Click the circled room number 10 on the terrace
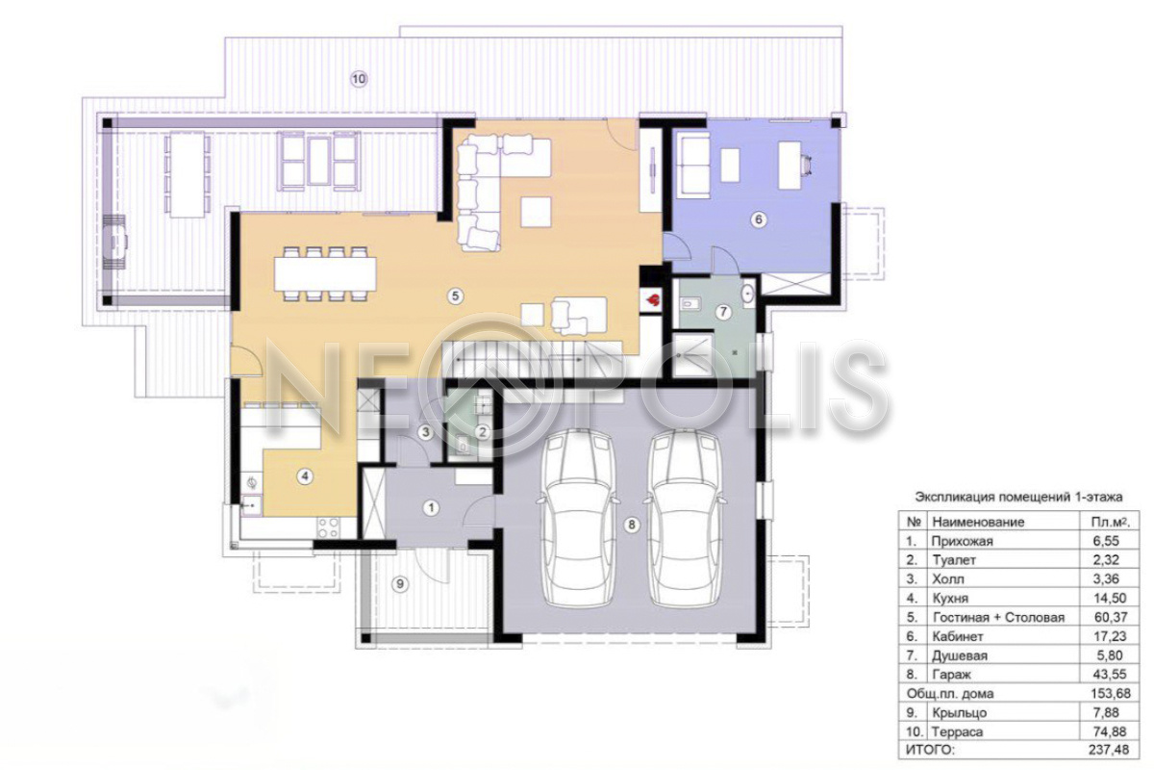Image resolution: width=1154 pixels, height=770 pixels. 359,79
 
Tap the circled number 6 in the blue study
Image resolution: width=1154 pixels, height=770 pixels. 759,219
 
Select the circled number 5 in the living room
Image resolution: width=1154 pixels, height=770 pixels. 455,296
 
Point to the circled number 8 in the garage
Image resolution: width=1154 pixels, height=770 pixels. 631,525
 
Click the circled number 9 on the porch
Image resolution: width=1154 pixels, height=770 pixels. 400,584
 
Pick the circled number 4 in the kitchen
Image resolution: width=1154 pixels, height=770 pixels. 305,476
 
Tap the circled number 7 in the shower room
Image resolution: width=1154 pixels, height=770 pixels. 723,312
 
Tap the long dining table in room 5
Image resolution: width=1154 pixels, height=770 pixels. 326,274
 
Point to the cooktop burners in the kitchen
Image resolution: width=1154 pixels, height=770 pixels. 328,528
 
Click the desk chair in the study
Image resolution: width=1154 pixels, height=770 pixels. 807,165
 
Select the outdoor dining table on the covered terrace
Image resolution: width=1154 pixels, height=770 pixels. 187,174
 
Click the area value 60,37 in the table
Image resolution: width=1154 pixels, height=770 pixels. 1111,617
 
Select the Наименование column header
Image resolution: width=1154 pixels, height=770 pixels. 978,522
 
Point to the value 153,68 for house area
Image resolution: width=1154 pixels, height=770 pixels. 1111,693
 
